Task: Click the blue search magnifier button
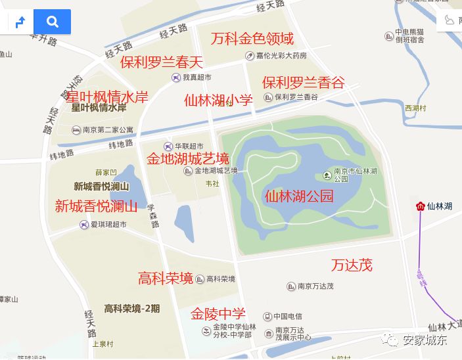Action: (52, 22)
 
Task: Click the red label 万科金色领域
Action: (252, 38)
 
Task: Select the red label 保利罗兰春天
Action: (162, 62)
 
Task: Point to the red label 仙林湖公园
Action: (299, 196)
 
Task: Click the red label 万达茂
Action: (352, 265)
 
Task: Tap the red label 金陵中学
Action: (218, 314)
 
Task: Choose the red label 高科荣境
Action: (166, 279)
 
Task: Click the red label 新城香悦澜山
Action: (96, 206)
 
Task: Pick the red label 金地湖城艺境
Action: (187, 159)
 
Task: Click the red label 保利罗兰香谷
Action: (303, 83)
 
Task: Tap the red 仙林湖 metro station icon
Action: (421, 206)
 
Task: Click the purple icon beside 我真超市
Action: (176, 78)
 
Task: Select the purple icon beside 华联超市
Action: (168, 146)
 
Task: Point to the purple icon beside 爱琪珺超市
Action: (83, 225)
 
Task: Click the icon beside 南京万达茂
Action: (290, 286)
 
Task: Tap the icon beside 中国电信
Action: (267, 316)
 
